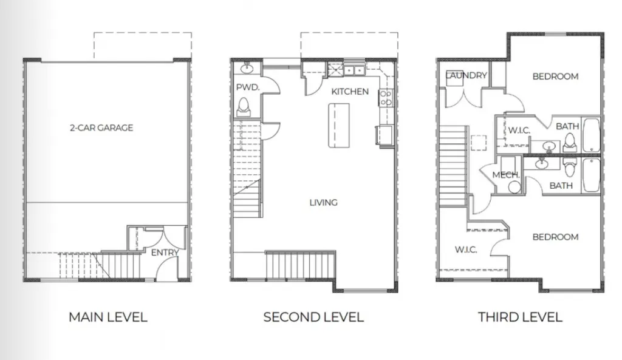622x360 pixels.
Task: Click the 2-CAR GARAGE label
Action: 101,128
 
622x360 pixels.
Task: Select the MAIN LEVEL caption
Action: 108,317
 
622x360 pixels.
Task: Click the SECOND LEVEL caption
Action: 313,317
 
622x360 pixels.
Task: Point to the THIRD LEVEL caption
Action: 520,317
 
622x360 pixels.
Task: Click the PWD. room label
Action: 248,88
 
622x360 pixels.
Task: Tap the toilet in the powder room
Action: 244,107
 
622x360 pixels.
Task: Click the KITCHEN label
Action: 350,92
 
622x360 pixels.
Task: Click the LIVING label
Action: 323,202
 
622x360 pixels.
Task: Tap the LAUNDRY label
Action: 466,76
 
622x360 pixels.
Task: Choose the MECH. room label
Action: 505,175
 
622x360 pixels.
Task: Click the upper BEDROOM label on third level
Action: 555,76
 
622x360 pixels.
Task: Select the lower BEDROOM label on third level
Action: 555,237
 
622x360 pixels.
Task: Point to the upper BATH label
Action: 567,126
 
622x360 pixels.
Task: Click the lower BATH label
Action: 561,186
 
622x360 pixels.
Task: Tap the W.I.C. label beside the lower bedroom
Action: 466,250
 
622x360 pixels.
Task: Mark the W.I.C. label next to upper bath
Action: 520,129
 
